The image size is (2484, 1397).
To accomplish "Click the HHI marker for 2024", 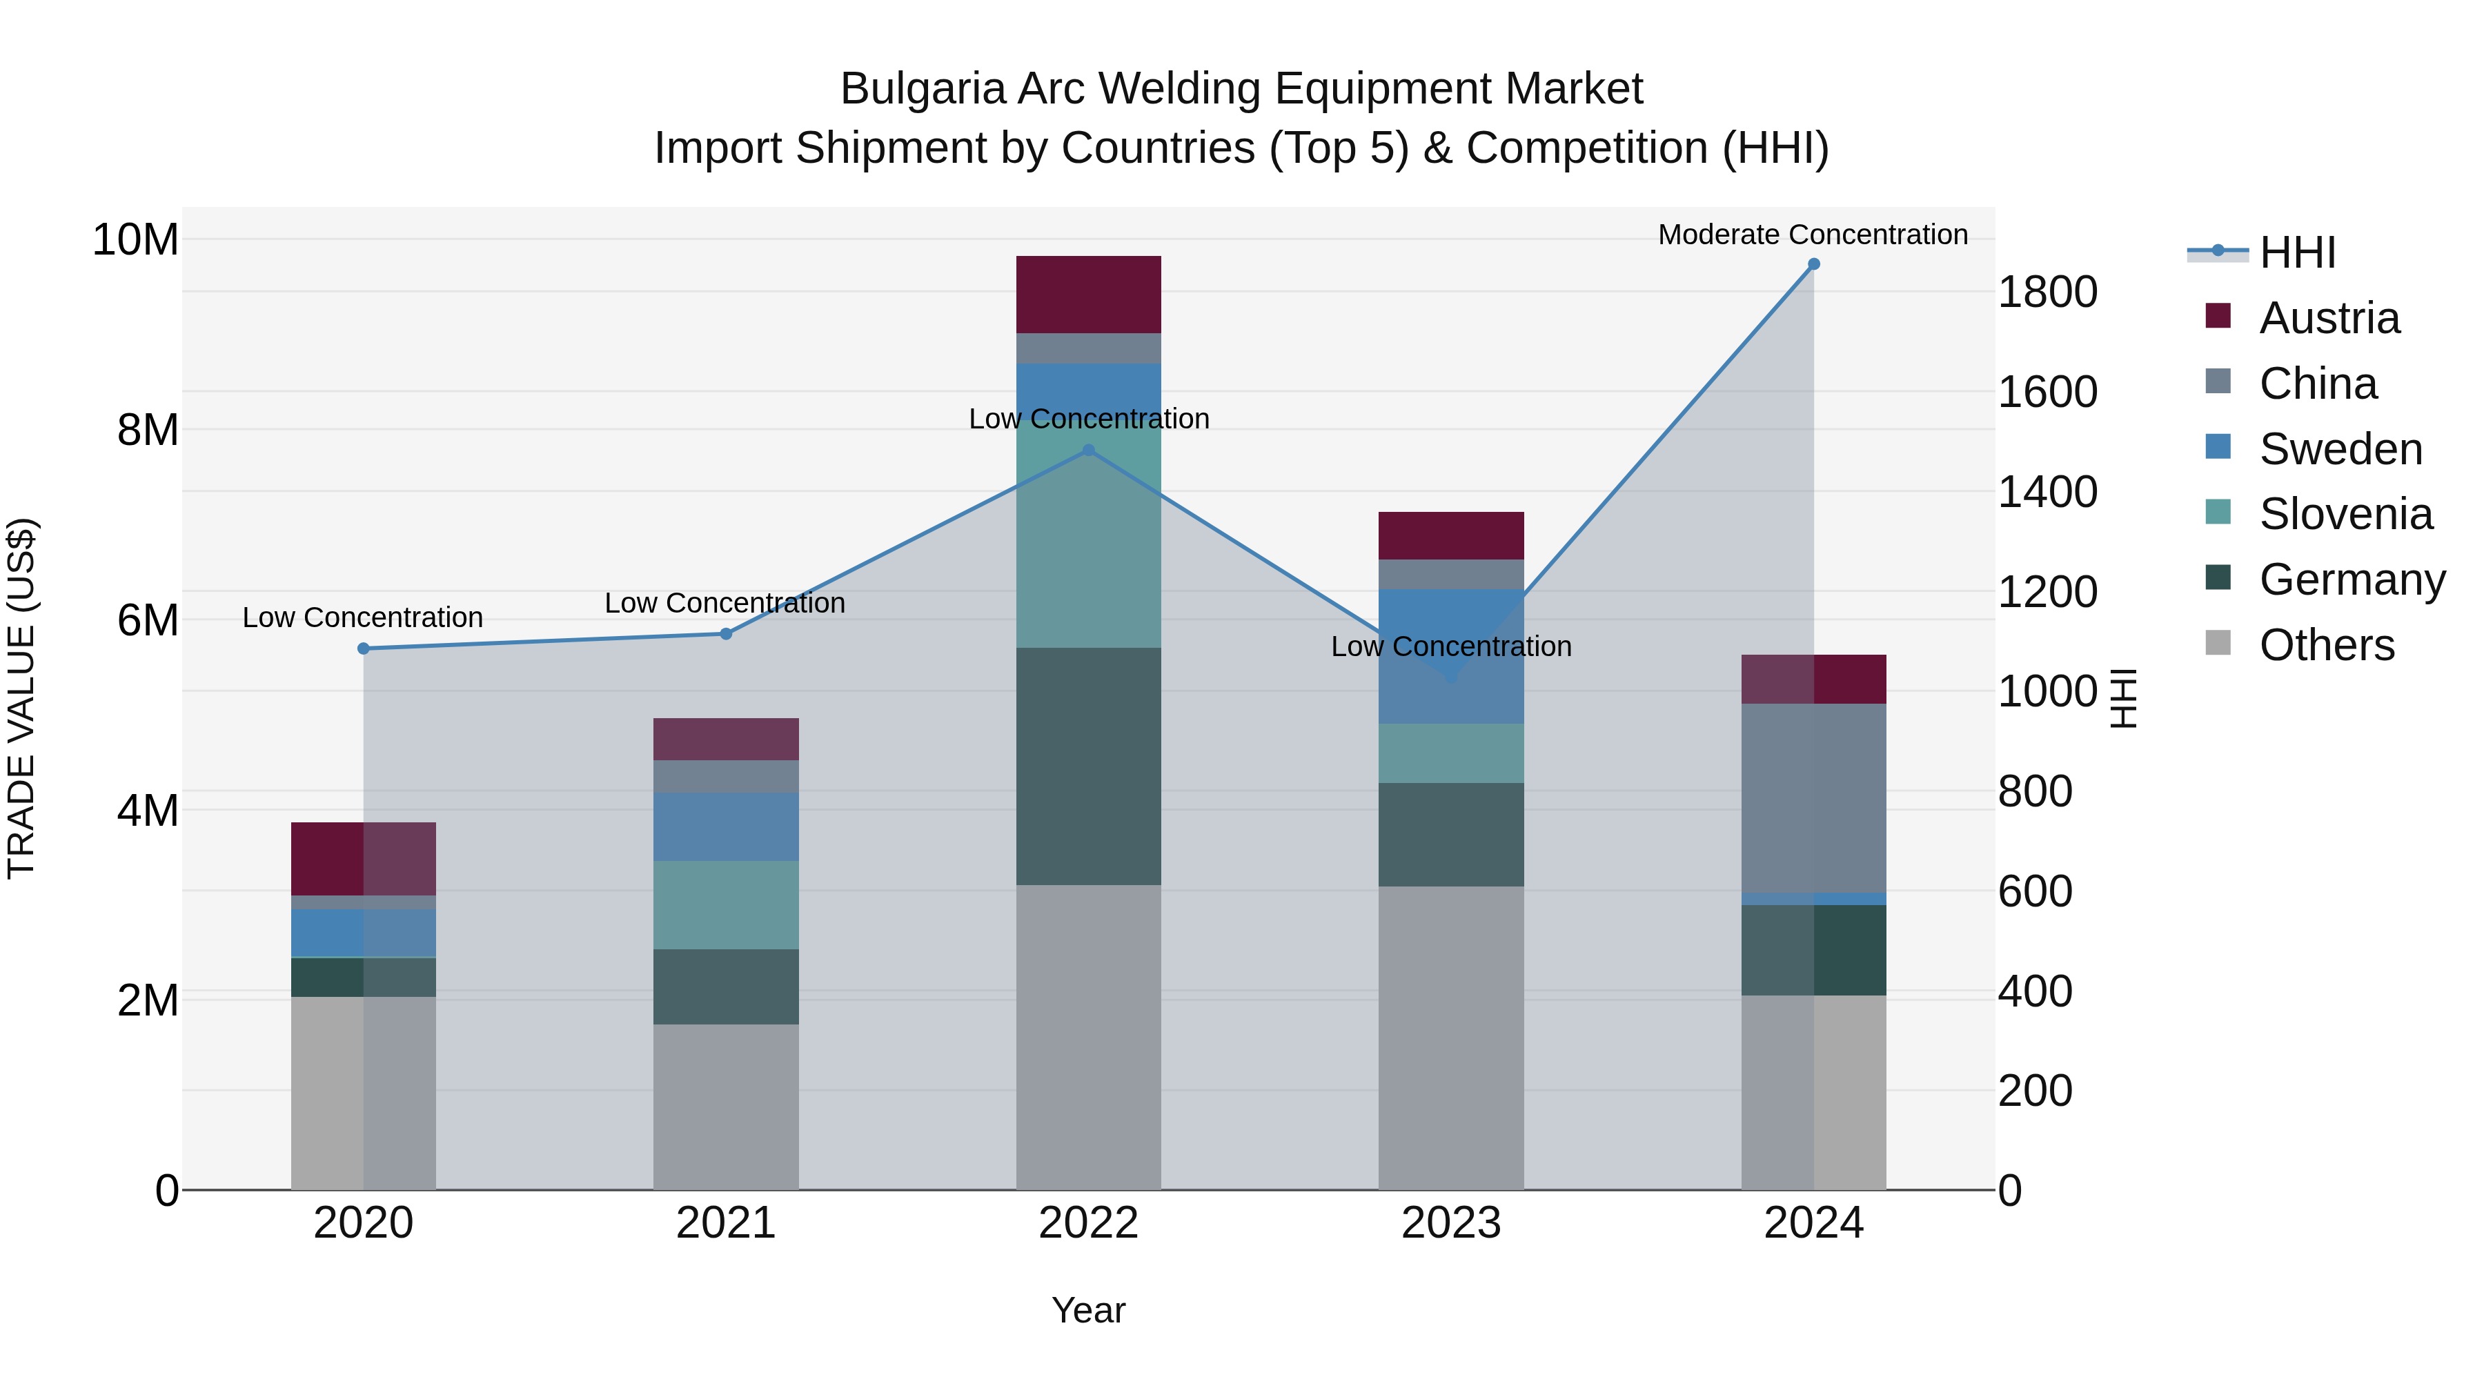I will pyautogui.click(x=1814, y=264).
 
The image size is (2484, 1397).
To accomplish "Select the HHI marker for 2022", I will pyautogui.click(x=1089, y=450).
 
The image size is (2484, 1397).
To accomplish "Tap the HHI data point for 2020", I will pyautogui.click(x=364, y=649).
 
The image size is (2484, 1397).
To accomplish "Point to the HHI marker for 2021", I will pyautogui.click(x=726, y=635).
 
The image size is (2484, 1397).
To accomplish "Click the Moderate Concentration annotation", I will pyautogui.click(x=1812, y=235).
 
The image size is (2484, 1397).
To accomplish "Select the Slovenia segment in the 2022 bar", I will pyautogui.click(x=1089, y=540).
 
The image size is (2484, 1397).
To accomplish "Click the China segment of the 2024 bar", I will pyautogui.click(x=1814, y=798).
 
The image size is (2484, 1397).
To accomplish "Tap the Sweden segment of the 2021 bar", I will pyautogui.click(x=726, y=826).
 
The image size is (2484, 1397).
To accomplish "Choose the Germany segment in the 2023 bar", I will pyautogui.click(x=1451, y=834).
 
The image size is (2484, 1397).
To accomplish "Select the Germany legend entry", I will pyautogui.click(x=2351, y=579).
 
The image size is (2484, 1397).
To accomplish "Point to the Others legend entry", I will pyautogui.click(x=2326, y=645).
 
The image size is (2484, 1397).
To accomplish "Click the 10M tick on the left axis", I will pyautogui.click(x=135, y=240).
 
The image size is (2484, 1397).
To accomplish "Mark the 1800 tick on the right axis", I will pyautogui.click(x=2047, y=292).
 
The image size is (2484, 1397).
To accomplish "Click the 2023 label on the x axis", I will pyautogui.click(x=1451, y=1223).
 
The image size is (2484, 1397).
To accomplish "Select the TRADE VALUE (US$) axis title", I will pyautogui.click(x=21, y=698).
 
